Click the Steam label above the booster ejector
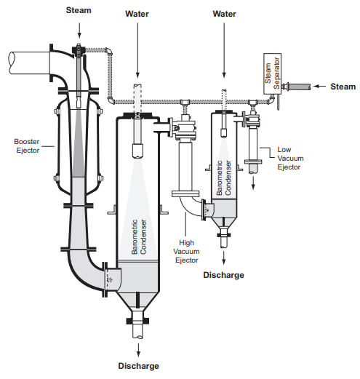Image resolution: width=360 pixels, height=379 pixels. pyautogui.click(x=79, y=10)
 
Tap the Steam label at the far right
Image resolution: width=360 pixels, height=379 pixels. pyautogui.click(x=343, y=87)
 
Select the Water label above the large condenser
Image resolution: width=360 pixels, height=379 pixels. pyautogui.click(x=137, y=14)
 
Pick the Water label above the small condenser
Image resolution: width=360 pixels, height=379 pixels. pyautogui.click(x=224, y=14)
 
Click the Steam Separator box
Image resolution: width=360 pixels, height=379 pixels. pyautogui.click(x=272, y=73)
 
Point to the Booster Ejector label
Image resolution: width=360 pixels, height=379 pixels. pyautogui.click(x=28, y=146)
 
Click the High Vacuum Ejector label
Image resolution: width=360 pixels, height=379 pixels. pyautogui.click(x=186, y=252)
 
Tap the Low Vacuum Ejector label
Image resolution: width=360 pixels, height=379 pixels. pyautogui.click(x=290, y=159)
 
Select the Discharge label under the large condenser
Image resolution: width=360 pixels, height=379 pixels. pyautogui.click(x=138, y=366)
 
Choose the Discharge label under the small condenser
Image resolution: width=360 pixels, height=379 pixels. pyautogui.click(x=223, y=275)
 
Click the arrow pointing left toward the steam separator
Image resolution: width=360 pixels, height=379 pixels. pyautogui.click(x=319, y=86)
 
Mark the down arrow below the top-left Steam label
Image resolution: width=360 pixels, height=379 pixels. pyautogui.click(x=79, y=31)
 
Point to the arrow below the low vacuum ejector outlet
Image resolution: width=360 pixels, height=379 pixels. pyautogui.click(x=253, y=183)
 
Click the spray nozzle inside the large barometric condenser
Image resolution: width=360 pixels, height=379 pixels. pyautogui.click(x=137, y=151)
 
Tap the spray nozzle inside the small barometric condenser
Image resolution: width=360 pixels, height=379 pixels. pyautogui.click(x=224, y=134)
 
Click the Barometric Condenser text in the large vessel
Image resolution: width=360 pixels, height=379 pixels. pyautogui.click(x=139, y=237)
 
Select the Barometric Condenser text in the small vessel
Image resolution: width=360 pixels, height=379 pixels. pyautogui.click(x=224, y=177)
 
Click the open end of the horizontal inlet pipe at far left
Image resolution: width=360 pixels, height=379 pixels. pyautogui.click(x=12, y=63)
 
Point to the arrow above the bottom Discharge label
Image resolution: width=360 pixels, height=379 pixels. pyautogui.click(x=138, y=350)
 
